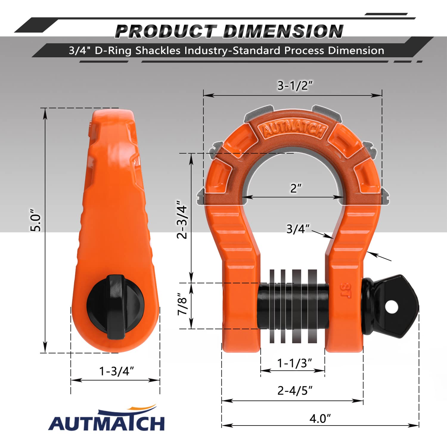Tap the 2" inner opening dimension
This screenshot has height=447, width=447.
pos(296,188)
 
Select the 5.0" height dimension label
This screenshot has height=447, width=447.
pos(35,222)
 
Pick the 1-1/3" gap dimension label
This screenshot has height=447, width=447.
pos(294,363)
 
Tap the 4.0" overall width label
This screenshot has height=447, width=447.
pos(320,418)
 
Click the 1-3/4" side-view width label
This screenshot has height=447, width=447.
pos(116,371)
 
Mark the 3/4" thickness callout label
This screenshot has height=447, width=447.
pos(298,229)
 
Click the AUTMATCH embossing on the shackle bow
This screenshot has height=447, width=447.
pos(294,129)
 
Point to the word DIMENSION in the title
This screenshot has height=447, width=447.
pos(283,31)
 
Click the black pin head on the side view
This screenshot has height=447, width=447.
pos(116,307)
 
